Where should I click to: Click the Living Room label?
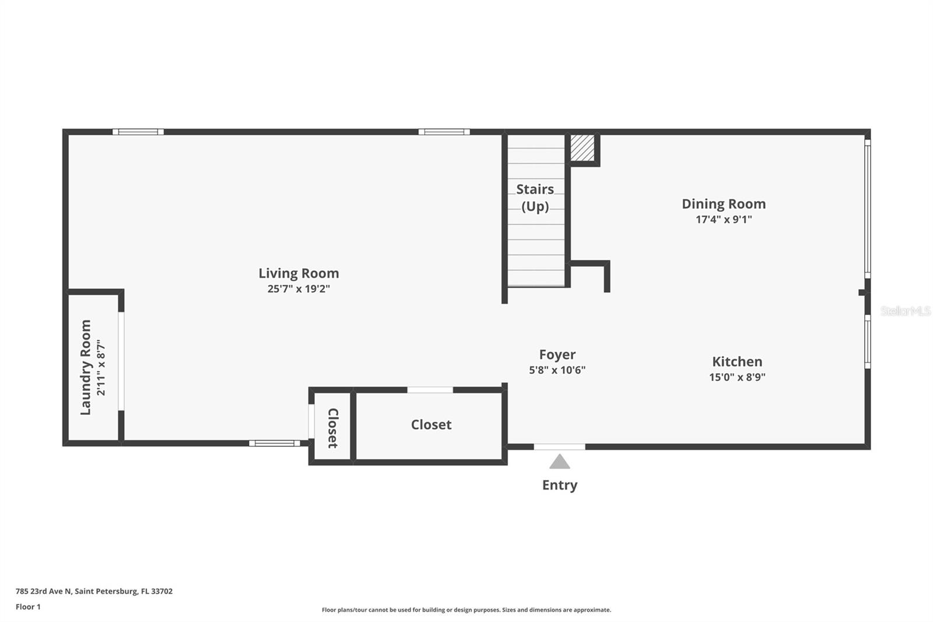pos(299,273)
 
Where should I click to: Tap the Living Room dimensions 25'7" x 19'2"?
pos(299,289)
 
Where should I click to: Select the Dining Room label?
pos(724,204)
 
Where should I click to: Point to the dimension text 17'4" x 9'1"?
pos(724,219)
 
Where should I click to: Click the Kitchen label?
pos(737,362)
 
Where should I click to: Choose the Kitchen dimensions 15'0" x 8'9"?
pos(737,377)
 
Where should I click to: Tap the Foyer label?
pos(557,355)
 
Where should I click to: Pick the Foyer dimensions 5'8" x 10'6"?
pos(557,370)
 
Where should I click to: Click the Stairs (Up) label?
pos(535,197)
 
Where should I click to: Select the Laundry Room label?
pos(86,367)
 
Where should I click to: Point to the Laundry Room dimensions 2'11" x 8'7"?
pos(101,367)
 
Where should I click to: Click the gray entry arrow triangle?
pos(560,462)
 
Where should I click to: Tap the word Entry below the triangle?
pos(560,485)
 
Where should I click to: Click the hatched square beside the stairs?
pos(582,148)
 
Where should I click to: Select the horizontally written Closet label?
pos(431,425)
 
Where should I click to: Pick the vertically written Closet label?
pos(333,428)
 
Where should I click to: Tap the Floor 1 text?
pos(28,607)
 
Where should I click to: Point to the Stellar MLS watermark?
pos(905,311)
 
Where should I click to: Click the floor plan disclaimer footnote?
pos(466,610)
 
